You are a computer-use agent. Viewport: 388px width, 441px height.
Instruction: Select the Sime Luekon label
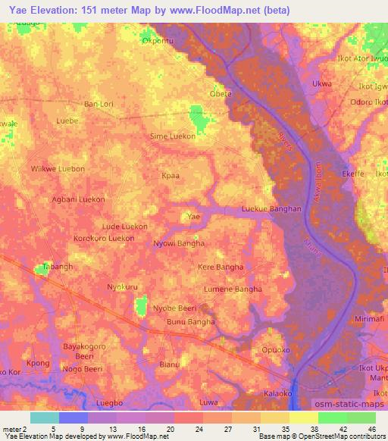174,136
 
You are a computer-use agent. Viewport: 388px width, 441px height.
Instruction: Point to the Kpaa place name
171,175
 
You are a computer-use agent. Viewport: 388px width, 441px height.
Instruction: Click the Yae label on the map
194,217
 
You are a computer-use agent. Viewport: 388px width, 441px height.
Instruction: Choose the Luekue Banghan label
271,208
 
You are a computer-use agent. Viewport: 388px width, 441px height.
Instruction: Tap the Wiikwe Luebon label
57,168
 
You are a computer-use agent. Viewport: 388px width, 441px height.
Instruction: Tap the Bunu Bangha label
190,322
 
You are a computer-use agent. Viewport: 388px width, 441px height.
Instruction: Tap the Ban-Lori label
99,103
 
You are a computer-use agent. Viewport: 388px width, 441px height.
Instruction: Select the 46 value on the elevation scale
371,430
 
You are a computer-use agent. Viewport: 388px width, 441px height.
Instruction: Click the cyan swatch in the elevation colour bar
44,418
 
